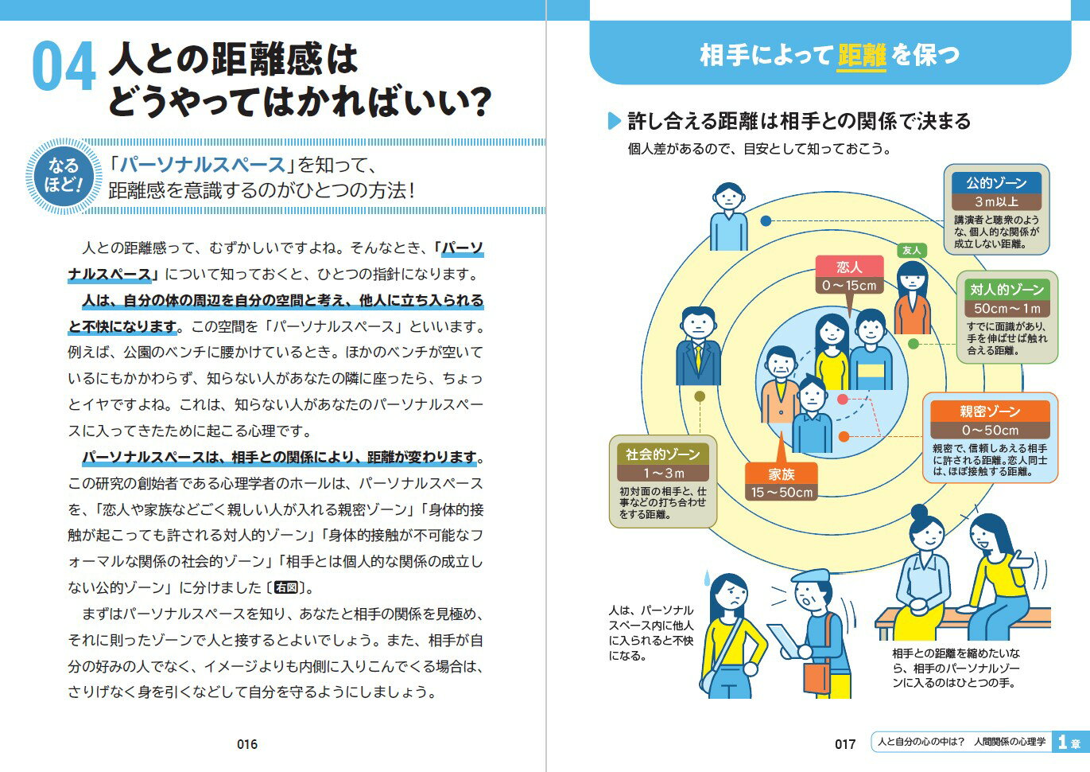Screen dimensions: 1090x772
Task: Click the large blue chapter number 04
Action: tap(64, 66)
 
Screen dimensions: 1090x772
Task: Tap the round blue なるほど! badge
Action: tap(64, 177)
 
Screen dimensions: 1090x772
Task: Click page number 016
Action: tap(247, 744)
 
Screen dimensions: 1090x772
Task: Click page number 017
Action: tap(845, 744)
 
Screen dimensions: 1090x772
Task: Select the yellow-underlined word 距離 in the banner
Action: tap(861, 55)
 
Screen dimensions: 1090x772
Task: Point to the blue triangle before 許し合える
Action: tap(615, 121)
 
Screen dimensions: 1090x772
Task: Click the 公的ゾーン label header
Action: tap(996, 183)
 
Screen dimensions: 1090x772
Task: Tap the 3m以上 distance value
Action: tap(996, 201)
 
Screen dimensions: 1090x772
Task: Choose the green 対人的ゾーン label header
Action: tap(1007, 290)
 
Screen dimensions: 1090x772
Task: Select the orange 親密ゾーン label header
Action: tap(991, 411)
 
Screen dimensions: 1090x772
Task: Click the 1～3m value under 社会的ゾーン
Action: tap(663, 473)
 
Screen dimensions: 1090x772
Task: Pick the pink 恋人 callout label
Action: tap(849, 267)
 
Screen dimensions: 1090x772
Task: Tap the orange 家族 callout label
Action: tap(781, 474)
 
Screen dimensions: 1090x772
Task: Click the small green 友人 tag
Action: tap(911, 251)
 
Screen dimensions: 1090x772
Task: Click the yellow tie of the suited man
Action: tap(699, 357)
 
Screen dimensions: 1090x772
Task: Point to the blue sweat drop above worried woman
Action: tap(707, 578)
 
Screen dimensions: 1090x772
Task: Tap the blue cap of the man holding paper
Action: tap(810, 576)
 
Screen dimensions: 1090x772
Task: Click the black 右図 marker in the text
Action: tap(286, 587)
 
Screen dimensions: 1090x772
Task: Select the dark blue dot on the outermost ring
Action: tap(766, 221)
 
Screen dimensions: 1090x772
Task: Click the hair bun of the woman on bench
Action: tap(919, 512)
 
